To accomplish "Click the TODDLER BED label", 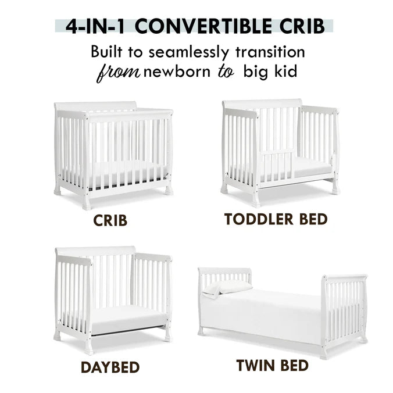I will pos(276,219).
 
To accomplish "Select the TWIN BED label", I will pos(273,366).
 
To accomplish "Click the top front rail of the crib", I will pos(128,115).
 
